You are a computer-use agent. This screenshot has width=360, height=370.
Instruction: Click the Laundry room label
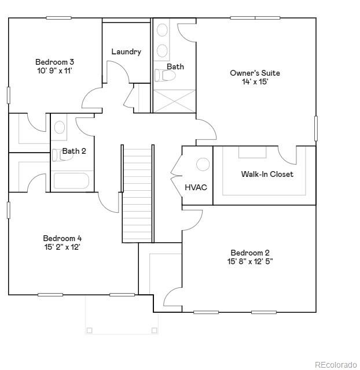point(126,52)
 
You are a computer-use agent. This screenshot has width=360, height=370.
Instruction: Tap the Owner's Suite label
point(255,73)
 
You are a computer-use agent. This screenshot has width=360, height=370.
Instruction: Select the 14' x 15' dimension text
point(255,82)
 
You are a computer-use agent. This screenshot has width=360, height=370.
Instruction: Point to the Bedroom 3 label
point(54,62)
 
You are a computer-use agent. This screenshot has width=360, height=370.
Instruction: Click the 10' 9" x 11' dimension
point(54,71)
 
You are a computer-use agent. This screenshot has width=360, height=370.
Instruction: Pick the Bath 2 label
point(74,151)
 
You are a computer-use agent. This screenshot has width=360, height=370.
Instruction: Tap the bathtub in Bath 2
point(72,182)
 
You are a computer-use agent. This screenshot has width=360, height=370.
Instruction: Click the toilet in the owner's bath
point(160,75)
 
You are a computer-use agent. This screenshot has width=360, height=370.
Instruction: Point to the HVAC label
point(196,187)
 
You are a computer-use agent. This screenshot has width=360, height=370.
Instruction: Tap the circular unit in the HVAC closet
point(203,165)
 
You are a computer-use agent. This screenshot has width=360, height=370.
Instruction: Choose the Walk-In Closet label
point(267,174)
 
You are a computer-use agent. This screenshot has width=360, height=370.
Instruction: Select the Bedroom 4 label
point(63,238)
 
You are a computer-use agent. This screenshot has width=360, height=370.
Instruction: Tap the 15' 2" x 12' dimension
point(63,247)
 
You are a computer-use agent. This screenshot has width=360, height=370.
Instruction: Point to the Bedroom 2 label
point(250,253)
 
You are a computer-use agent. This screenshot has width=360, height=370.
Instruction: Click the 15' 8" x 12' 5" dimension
point(250,261)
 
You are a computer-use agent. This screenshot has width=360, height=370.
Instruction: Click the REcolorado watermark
point(336,364)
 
